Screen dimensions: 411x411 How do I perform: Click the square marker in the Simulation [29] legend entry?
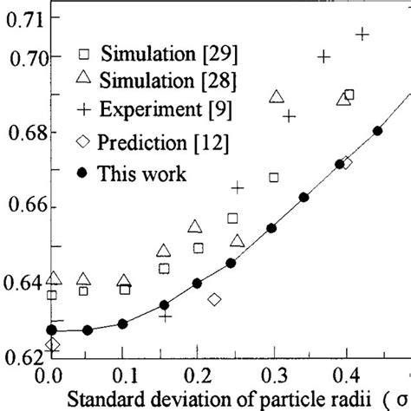click(x=83, y=49)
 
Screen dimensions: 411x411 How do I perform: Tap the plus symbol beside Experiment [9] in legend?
click(x=83, y=110)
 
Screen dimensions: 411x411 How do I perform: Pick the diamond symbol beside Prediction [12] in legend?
click(x=83, y=142)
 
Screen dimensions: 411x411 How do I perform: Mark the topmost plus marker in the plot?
click(x=362, y=34)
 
